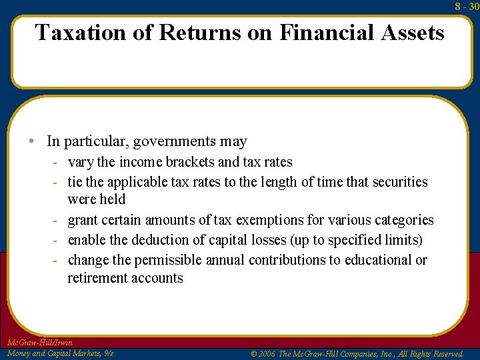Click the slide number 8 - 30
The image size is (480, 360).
467,6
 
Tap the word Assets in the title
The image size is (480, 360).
413,32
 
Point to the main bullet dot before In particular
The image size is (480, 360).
32,142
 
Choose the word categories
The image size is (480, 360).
402,220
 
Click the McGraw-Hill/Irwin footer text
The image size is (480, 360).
39,343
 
